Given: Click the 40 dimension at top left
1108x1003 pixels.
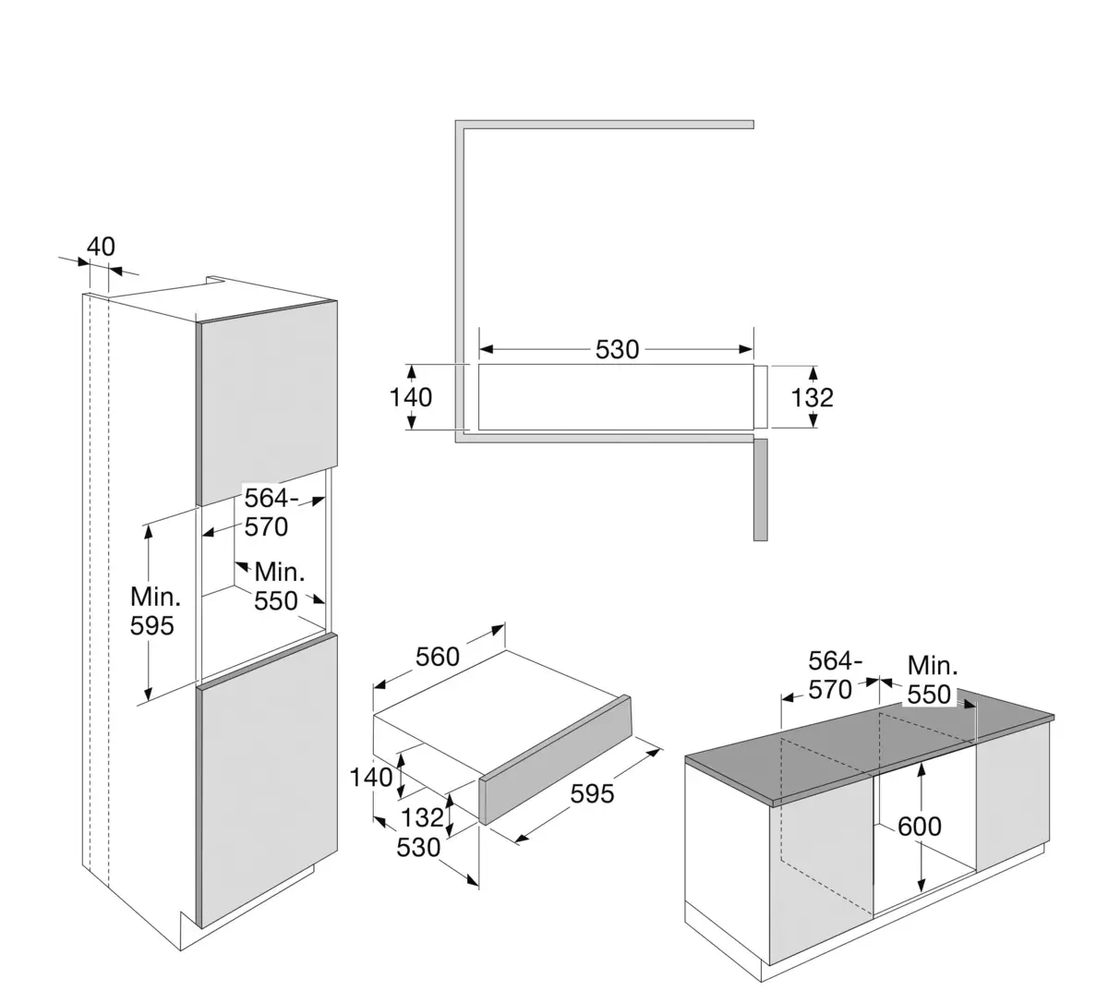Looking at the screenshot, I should (101, 247).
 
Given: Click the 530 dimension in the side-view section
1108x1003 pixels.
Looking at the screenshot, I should (617, 349).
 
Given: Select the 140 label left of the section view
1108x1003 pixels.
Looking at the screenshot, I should (411, 397).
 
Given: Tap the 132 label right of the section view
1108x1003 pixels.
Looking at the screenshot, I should (813, 397).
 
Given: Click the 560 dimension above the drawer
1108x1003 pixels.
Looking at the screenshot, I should (437, 657).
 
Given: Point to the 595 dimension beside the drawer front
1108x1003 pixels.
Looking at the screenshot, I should (592, 792).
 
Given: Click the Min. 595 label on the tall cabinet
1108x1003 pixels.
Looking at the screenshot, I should (152, 610).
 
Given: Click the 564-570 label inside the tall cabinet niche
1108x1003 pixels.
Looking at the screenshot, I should (267, 513).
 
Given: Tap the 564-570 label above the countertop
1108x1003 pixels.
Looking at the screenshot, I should (834, 675).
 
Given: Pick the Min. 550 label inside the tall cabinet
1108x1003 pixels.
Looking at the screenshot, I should (277, 586).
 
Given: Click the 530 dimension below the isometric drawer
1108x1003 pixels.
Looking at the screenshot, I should (418, 846).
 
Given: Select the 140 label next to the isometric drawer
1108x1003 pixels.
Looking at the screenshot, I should (371, 778).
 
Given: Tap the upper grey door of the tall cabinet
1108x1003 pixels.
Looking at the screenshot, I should (267, 402).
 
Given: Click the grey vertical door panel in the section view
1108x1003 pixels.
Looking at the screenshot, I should (760, 489).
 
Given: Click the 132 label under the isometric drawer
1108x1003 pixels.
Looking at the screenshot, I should (423, 816).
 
